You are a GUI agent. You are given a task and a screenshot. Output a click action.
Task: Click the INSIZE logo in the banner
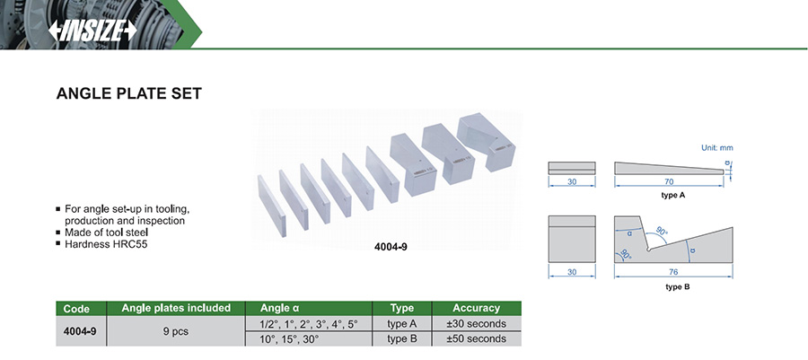tap(92, 31)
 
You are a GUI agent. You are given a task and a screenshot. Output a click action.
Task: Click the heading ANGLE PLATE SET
tap(128, 93)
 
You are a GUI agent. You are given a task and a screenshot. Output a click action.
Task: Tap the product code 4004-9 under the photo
tap(391, 246)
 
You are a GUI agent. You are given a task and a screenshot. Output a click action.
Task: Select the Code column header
tap(76, 309)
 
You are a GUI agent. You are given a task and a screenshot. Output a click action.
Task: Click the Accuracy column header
tap(476, 308)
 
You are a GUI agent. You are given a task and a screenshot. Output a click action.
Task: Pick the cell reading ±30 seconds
tap(476, 324)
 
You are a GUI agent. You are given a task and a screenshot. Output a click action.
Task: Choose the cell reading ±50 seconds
tap(476, 338)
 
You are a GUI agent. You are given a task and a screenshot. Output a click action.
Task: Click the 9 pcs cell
tap(176, 331)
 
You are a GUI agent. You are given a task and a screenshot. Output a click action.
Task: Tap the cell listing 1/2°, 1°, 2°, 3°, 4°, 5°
tap(309, 324)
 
